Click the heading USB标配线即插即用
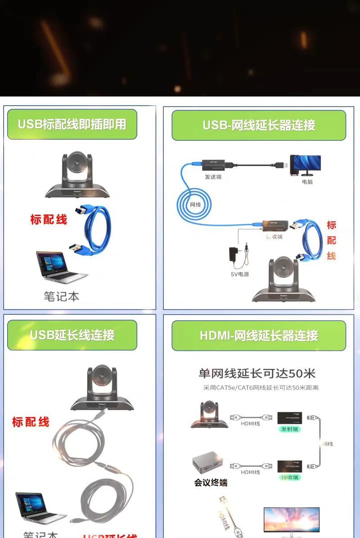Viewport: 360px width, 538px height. (72, 124)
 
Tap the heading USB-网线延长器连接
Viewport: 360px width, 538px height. (259, 125)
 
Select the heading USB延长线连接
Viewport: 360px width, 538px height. (72, 335)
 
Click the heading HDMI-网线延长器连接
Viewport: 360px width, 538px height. (259, 336)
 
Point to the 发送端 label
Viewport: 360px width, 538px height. (213, 177)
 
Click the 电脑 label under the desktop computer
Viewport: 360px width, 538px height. (307, 182)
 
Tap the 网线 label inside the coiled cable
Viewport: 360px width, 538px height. (195, 205)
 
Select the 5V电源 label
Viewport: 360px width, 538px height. (240, 274)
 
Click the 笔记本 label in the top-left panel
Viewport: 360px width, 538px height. (62, 296)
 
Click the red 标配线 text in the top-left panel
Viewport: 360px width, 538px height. (49, 220)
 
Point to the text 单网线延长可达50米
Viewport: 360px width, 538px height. (257, 373)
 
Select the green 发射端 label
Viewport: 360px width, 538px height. (289, 429)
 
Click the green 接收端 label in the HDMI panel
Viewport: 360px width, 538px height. (289, 477)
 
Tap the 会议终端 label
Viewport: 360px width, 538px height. (211, 483)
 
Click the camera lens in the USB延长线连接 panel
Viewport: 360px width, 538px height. (102, 377)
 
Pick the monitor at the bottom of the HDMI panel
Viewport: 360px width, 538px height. (291, 522)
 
